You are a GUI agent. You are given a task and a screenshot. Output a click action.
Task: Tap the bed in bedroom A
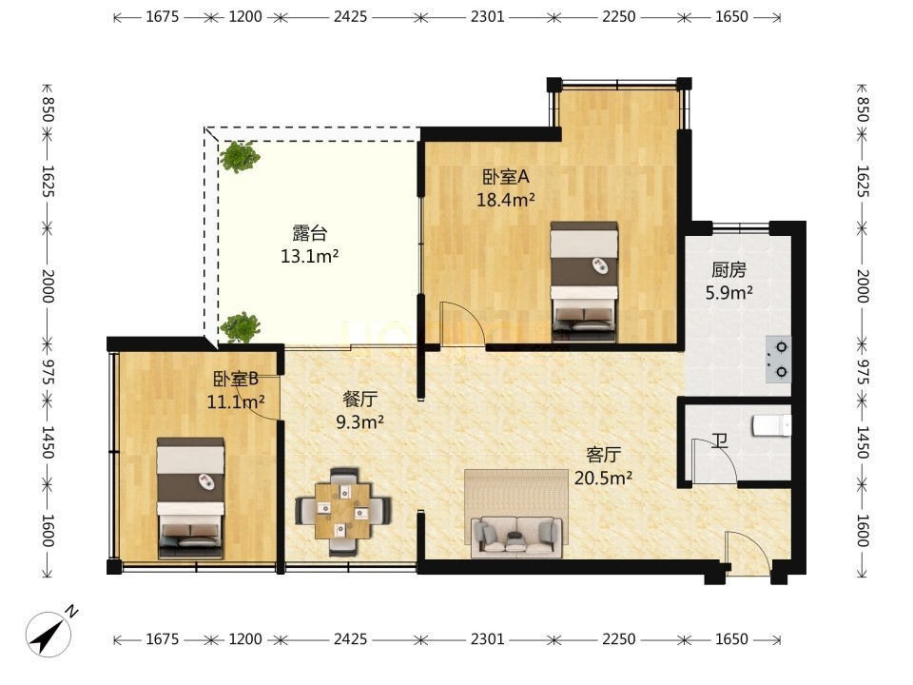pyautogui.click(x=584, y=282)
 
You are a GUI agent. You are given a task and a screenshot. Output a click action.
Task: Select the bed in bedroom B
pyautogui.click(x=190, y=498)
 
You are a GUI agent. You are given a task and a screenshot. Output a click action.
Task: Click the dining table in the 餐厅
pyautogui.click(x=343, y=511)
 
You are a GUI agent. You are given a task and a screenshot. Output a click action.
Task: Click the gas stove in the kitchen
pyautogui.click(x=779, y=360)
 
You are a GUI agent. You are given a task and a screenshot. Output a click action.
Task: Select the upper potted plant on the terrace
pyautogui.click(x=240, y=156)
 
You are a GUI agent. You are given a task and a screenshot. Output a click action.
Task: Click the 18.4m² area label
pyautogui.click(x=505, y=201)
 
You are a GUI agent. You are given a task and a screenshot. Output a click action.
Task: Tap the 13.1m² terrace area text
pyautogui.click(x=310, y=256)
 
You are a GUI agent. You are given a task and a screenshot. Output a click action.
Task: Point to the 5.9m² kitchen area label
pyautogui.click(x=729, y=292)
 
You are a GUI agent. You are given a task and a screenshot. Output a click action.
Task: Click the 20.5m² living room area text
pyautogui.click(x=603, y=479)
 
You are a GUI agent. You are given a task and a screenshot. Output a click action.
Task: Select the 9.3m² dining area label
pyautogui.click(x=359, y=421)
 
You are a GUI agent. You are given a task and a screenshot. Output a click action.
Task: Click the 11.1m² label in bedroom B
pyautogui.click(x=236, y=401)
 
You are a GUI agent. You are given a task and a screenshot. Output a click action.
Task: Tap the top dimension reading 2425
pyautogui.click(x=351, y=17)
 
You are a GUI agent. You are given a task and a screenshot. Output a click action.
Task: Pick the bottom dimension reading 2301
pyautogui.click(x=487, y=639)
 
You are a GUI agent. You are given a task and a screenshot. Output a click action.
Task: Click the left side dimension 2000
pyautogui.click(x=48, y=285)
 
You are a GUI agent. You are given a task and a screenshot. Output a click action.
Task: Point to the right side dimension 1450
pyautogui.click(x=863, y=442)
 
